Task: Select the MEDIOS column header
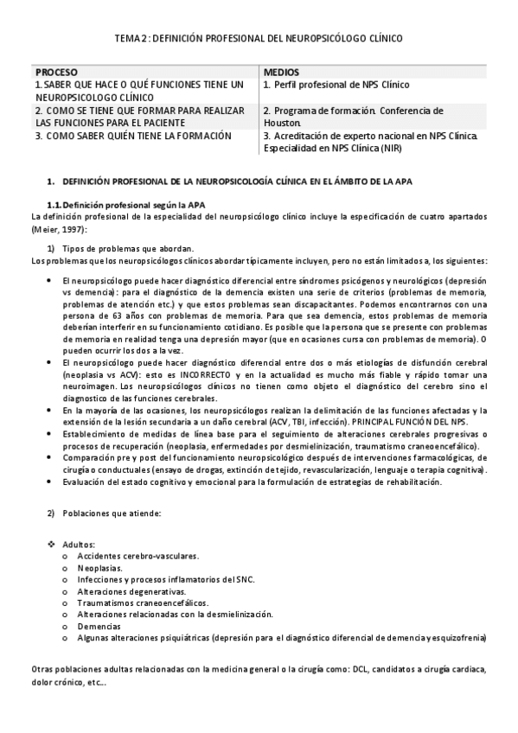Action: [x=282, y=73]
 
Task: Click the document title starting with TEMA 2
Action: [x=259, y=39]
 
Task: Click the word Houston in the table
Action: [x=282, y=124]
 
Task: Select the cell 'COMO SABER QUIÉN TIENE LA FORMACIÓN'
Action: [x=134, y=137]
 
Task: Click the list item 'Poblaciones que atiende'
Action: [x=111, y=513]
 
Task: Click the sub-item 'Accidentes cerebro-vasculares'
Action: [x=138, y=556]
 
